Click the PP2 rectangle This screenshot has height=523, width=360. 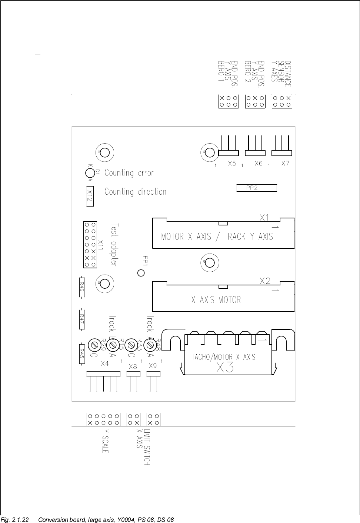click(x=257, y=188)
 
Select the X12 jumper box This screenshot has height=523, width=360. click(x=89, y=196)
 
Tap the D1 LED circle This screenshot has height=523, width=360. click(x=89, y=172)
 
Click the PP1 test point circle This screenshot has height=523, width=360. click(x=141, y=273)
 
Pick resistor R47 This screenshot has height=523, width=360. click(x=82, y=318)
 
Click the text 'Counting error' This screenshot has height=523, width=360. click(x=129, y=173)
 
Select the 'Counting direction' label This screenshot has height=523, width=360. click(x=135, y=192)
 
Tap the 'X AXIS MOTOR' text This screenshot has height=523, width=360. click(x=216, y=300)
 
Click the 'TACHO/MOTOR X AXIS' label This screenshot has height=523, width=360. click(x=223, y=357)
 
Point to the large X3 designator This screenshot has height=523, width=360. click(x=225, y=368)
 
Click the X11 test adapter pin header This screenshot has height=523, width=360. click(x=90, y=245)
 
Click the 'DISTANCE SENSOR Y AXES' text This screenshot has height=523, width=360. click(x=281, y=74)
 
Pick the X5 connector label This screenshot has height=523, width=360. click(x=232, y=163)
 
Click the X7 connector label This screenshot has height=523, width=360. click(x=285, y=163)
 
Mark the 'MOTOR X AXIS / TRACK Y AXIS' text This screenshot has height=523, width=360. click(x=217, y=237)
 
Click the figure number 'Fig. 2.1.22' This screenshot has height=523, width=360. click(x=15, y=520)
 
